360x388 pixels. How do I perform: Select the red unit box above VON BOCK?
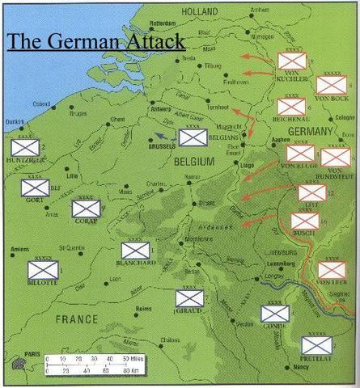click(330, 84)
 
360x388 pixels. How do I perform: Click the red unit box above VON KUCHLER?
click(290, 60)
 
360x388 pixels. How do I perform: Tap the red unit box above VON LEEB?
click(331, 269)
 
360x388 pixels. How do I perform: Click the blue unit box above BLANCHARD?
click(135, 250)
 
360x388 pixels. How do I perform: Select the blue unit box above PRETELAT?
click(316, 345)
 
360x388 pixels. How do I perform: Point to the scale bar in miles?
click(85, 357)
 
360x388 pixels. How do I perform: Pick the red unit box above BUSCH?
click(305, 221)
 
